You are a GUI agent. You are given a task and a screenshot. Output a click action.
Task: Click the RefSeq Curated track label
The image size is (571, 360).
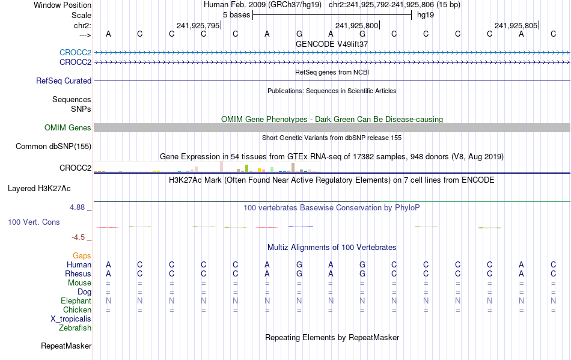tap(64, 81)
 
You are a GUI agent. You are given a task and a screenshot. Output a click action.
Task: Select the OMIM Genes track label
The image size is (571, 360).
tap(68, 127)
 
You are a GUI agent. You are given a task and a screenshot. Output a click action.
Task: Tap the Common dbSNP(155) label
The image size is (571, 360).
tap(53, 146)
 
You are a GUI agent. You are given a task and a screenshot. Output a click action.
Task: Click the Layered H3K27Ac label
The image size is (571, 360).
tap(39, 188)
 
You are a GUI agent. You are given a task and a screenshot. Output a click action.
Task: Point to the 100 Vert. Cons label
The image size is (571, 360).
tap(34, 222)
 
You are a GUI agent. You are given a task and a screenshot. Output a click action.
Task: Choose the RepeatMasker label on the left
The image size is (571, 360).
tap(66, 346)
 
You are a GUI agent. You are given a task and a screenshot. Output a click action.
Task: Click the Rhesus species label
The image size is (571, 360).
tap(78, 273)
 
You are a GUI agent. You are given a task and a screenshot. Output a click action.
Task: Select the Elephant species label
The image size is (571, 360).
tap(76, 301)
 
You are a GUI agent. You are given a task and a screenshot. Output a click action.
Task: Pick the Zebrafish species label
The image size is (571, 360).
tap(75, 328)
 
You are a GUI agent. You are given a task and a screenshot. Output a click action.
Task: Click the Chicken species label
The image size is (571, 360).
tap(77, 310)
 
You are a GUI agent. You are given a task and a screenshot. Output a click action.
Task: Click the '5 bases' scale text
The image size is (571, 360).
tap(236, 14)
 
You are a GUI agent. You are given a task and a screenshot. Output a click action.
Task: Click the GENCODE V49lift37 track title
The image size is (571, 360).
tap(332, 44)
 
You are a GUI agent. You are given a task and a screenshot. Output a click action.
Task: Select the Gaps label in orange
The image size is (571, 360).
tap(82, 255)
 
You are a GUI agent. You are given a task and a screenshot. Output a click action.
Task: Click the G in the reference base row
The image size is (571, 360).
tap(299, 34)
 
